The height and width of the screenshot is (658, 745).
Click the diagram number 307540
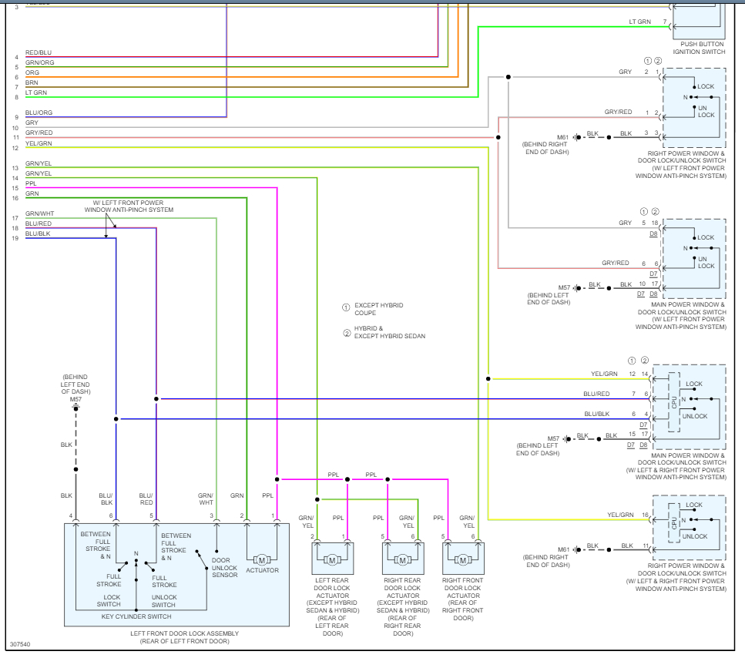20,644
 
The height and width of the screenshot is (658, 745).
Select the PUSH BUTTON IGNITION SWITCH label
699,48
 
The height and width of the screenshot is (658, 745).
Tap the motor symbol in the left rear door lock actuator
332,560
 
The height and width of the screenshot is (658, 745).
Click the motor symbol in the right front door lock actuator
463,560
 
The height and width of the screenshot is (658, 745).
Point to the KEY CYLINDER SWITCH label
136,616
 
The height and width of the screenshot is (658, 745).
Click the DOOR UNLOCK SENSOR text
224,567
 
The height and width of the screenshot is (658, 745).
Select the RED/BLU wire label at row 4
39,52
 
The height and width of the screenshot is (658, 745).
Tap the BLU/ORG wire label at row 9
39,112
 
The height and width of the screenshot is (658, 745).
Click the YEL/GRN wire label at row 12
39,143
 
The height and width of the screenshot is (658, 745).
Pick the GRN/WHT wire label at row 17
39,213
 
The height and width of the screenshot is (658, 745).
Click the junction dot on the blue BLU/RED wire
156,398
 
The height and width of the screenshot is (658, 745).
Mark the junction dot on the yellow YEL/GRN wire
488,378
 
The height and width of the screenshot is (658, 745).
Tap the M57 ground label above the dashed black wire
76,399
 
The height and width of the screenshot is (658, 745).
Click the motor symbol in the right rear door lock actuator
402,560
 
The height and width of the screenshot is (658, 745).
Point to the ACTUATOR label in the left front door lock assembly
262,570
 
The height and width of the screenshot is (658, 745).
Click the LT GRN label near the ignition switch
639,22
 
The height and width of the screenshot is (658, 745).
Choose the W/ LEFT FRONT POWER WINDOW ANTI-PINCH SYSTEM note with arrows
129,206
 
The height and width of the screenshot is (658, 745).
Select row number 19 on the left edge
15,238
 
